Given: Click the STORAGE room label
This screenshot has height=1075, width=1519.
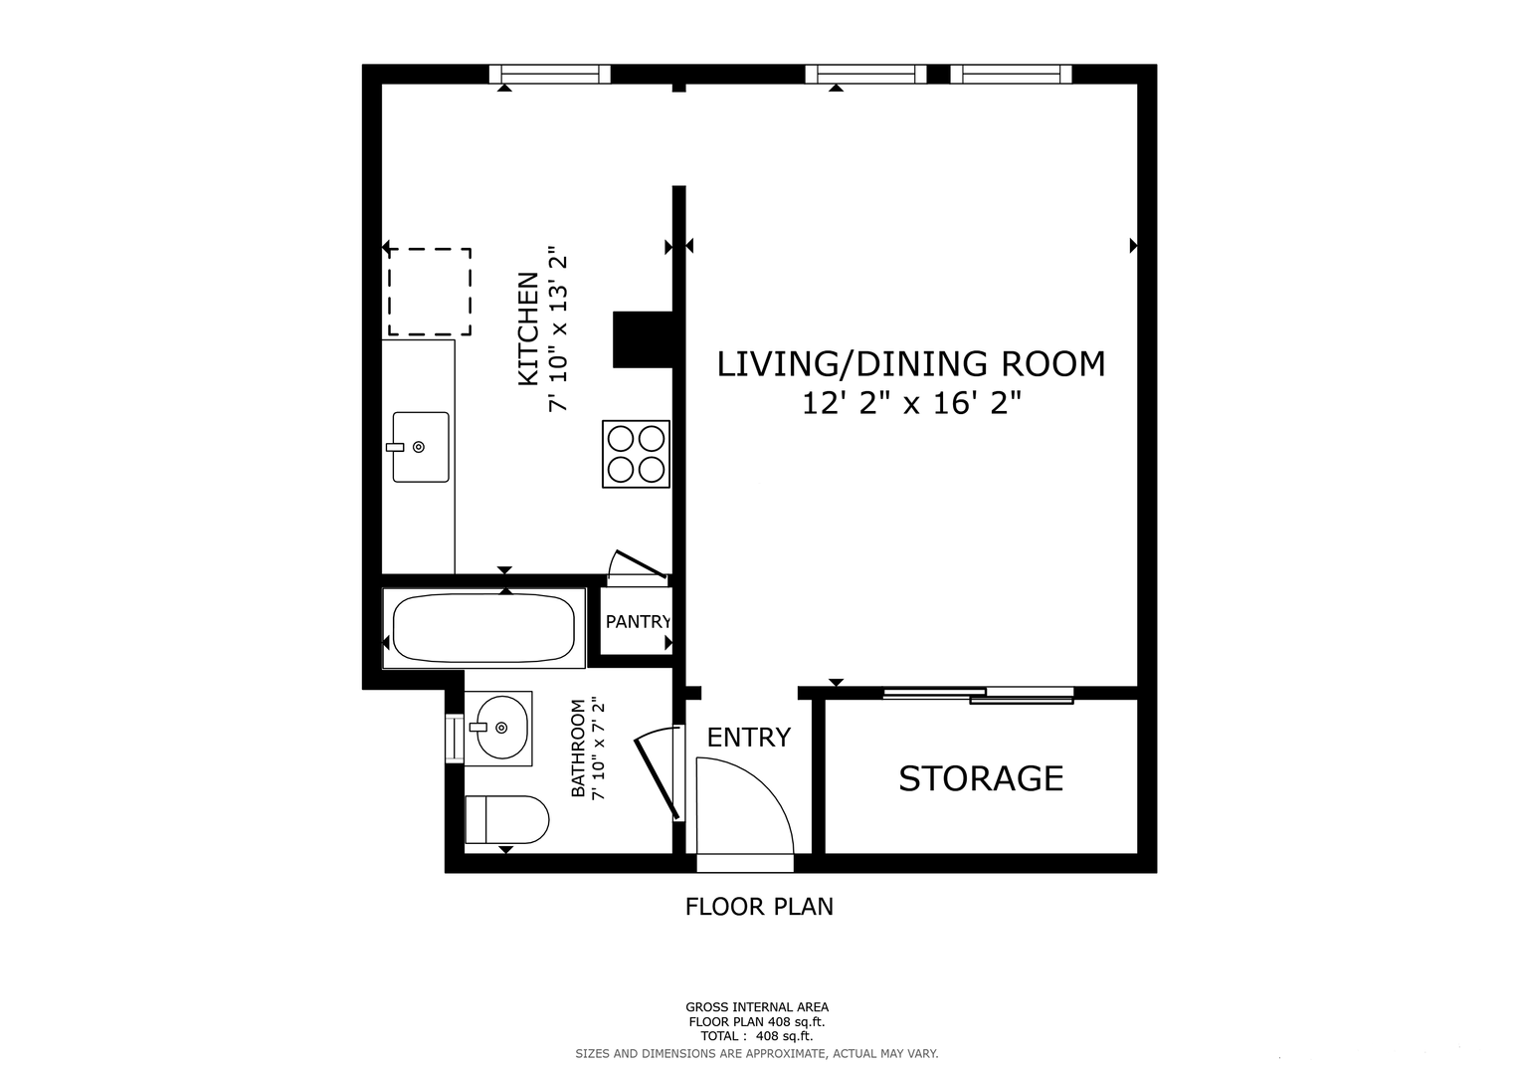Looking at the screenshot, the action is tap(981, 778).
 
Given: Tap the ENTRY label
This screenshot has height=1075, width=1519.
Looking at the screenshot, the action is tap(749, 737).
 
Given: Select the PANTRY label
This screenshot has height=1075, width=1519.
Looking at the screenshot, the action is tap(638, 622).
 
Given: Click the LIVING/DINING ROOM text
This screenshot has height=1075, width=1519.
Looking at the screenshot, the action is tap(911, 363).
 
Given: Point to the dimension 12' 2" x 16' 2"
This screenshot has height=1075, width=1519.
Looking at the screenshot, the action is tap(911, 403).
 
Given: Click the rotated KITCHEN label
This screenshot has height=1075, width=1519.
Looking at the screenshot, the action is tap(528, 329).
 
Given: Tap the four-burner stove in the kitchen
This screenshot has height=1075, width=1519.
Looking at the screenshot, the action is tap(636, 454).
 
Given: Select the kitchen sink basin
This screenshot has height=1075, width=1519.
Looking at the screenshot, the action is tap(421, 447).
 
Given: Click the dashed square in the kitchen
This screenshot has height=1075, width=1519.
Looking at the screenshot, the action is tap(430, 292).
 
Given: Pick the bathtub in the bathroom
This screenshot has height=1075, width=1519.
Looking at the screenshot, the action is tap(483, 628).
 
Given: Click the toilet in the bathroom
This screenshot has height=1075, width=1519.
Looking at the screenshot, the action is tap(506, 820).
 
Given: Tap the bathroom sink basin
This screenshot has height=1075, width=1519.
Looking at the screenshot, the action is tap(501, 728).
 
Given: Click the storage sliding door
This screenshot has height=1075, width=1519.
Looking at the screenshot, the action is tap(979, 695).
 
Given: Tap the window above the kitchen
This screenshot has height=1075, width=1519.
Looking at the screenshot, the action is tap(550, 74).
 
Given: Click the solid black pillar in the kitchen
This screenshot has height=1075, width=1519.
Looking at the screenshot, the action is tap(643, 340).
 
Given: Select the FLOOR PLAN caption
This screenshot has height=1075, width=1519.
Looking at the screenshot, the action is tap(759, 907).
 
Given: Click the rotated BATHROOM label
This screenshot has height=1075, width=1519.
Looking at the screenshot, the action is tap(578, 749).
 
